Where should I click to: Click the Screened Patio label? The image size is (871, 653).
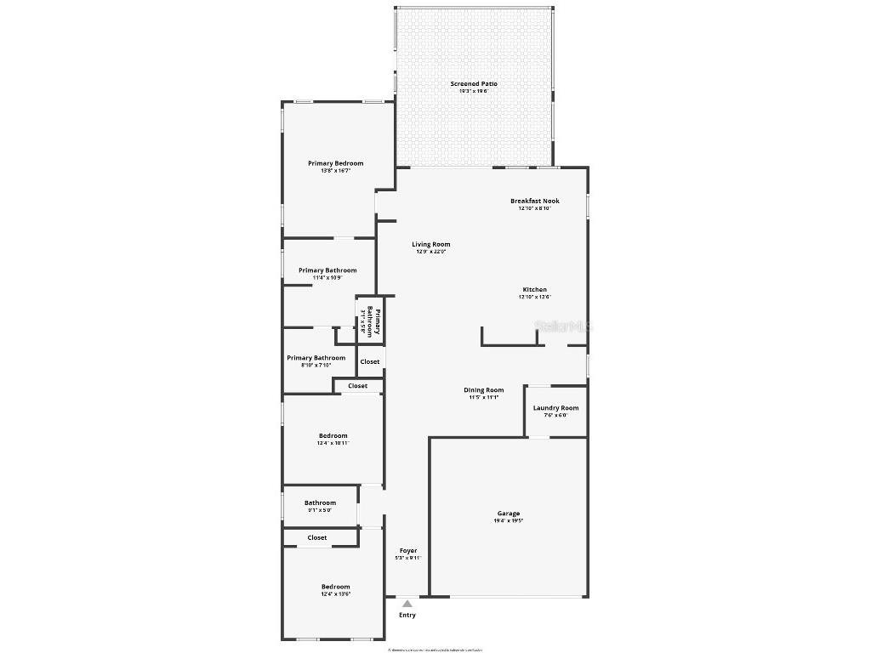pyautogui.click(x=474, y=84)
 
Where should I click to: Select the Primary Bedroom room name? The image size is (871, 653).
pyautogui.click(x=335, y=163)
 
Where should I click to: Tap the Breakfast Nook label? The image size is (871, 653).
pyautogui.click(x=535, y=202)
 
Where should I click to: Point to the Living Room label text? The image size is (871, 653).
pyautogui.click(x=431, y=244)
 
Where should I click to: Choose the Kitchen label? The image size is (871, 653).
pyautogui.click(x=535, y=290)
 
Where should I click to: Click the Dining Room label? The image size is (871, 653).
pyautogui.click(x=483, y=390)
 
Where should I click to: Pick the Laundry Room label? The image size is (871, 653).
pyautogui.click(x=555, y=408)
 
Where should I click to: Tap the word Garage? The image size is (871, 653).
pyautogui.click(x=509, y=514)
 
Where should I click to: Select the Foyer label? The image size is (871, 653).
pyautogui.click(x=408, y=551)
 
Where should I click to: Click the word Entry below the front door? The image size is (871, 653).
pyautogui.click(x=407, y=615)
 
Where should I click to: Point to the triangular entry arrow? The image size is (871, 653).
pyautogui.click(x=407, y=604)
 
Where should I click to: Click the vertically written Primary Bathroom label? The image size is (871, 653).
pyautogui.click(x=373, y=321)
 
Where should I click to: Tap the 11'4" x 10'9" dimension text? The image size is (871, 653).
pyautogui.click(x=327, y=277)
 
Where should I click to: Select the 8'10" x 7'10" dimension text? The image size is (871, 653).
pyautogui.click(x=316, y=365)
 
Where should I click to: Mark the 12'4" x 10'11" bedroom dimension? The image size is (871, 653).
pyautogui.click(x=333, y=443)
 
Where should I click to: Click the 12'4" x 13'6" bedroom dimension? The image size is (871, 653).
pyautogui.click(x=335, y=594)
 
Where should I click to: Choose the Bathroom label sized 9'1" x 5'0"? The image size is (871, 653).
pyautogui.click(x=320, y=503)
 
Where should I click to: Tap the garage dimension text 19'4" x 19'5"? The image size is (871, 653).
pyautogui.click(x=509, y=520)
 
